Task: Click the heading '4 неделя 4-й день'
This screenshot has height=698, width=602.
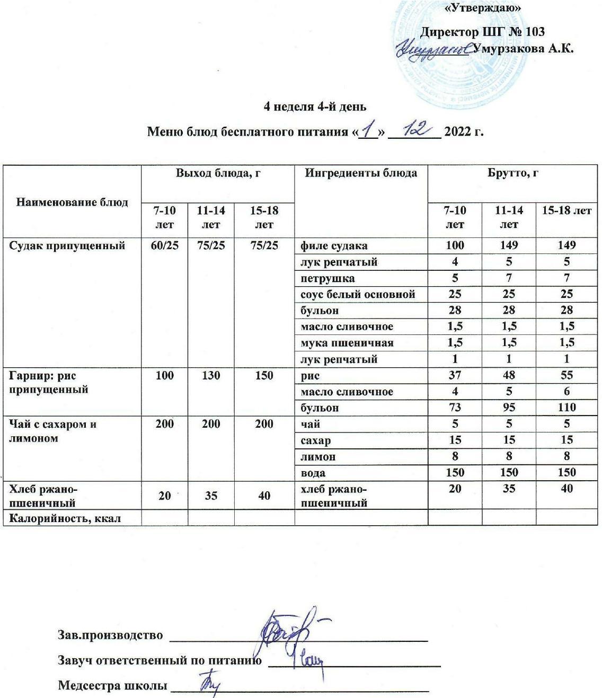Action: click(x=315, y=107)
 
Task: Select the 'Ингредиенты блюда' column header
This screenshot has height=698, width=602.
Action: click(x=361, y=173)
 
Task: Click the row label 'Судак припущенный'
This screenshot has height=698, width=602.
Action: click(x=68, y=245)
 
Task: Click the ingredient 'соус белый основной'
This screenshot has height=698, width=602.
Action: click(x=358, y=294)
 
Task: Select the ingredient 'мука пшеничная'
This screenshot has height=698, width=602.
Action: click(x=347, y=342)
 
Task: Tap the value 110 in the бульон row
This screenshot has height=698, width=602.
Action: click(x=566, y=408)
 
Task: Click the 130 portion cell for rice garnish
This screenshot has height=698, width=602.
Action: click(x=211, y=376)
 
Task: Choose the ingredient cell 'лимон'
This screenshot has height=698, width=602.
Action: click(x=318, y=456)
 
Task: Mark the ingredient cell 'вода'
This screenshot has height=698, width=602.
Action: click(x=313, y=473)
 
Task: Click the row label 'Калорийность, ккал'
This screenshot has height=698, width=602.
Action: click(x=65, y=518)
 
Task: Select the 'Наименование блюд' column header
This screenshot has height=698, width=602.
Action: click(x=72, y=202)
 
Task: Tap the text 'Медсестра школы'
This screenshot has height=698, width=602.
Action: click(x=110, y=685)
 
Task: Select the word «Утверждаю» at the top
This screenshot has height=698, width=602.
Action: click(x=481, y=8)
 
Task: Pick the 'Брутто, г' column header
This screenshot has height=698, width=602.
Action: click(x=512, y=173)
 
